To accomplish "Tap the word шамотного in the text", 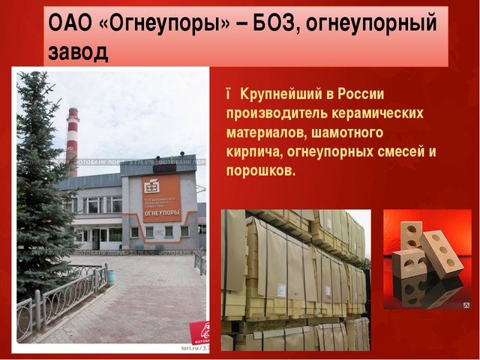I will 349,133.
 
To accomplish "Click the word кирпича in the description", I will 253,152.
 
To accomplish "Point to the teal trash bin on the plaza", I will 112,276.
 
